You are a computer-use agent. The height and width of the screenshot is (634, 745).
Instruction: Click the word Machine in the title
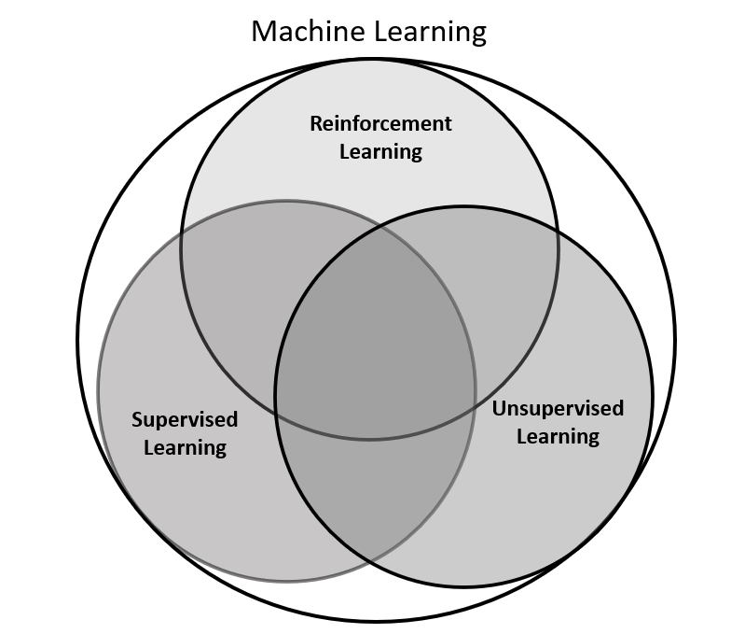pyautogui.click(x=308, y=32)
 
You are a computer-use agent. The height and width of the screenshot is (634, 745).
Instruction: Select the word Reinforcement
pyautogui.click(x=380, y=123)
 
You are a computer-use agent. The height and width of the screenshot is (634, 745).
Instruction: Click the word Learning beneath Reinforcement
pyautogui.click(x=380, y=150)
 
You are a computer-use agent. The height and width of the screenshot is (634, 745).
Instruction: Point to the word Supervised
pyautogui.click(x=185, y=420)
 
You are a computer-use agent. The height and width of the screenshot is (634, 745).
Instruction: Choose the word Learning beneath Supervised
pyautogui.click(x=185, y=448)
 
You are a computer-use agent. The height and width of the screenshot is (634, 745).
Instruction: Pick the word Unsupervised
pyautogui.click(x=558, y=408)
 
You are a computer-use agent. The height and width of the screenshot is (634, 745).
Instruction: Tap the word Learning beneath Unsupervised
pyautogui.click(x=558, y=436)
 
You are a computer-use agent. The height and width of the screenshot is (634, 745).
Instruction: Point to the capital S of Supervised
pyautogui.click(x=137, y=420)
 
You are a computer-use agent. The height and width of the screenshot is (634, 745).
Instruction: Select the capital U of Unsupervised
pyautogui.click(x=499, y=408)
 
